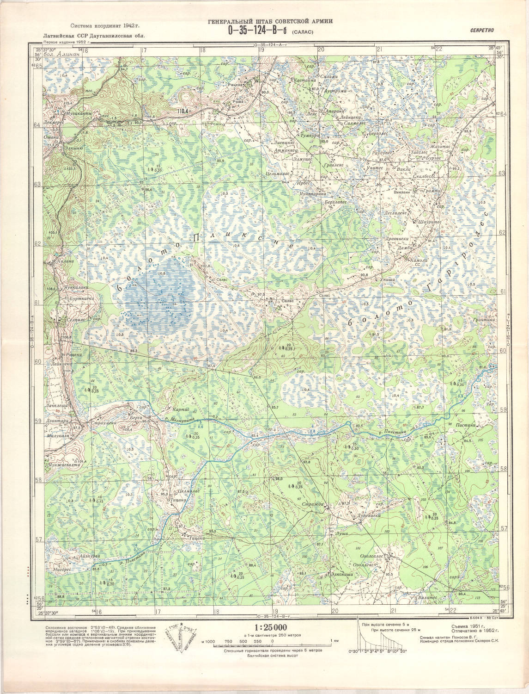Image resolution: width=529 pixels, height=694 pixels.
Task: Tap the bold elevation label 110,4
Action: pos(183,111)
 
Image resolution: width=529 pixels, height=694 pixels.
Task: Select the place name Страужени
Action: pos(102,423)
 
